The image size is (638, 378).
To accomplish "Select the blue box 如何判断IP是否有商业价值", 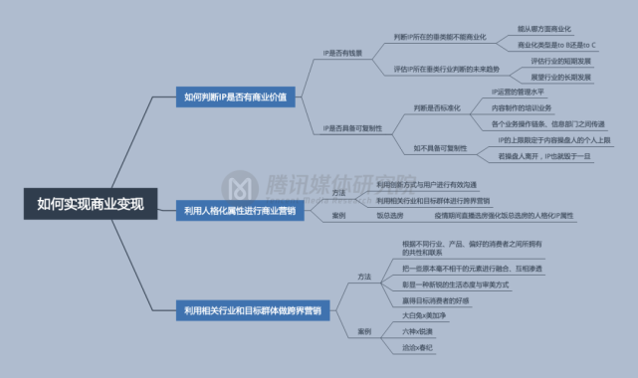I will click(235, 97).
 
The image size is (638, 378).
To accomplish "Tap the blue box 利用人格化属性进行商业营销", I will click(240, 210).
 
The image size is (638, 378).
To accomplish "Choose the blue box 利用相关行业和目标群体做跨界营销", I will click(252, 311).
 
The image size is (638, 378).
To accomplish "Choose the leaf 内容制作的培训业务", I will click(522, 107).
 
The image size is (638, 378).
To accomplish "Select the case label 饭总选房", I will click(389, 215).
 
